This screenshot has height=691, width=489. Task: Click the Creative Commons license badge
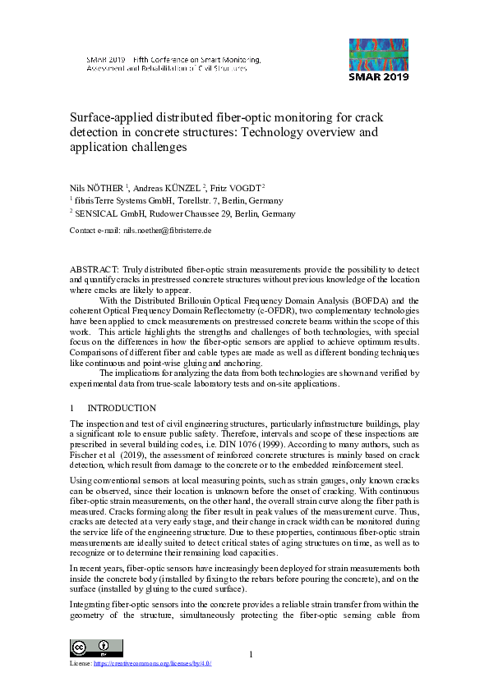84,648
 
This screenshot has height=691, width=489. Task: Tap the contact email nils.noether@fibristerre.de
168,231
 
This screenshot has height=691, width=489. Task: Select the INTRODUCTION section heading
122,408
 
